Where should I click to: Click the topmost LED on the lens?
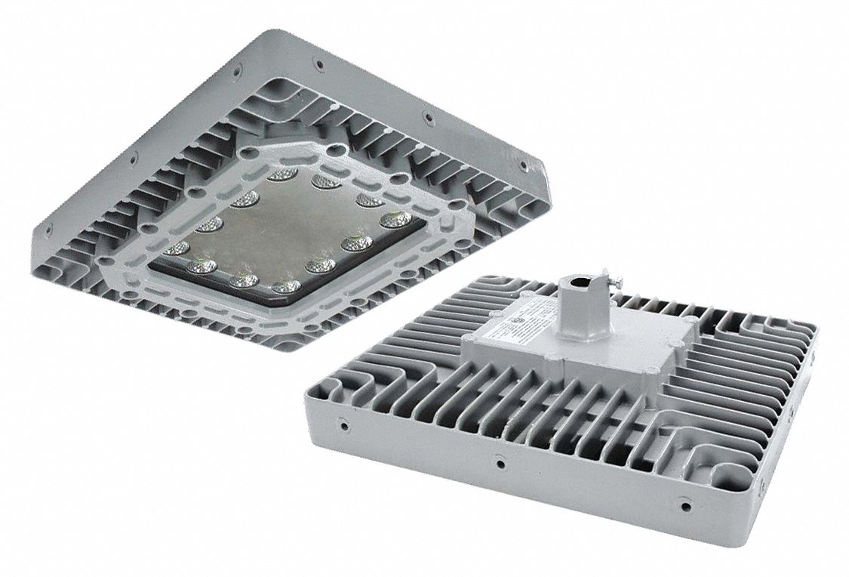coord(281,174)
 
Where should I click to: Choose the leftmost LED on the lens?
coord(176,248)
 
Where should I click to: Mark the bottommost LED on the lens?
coord(285,287)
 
